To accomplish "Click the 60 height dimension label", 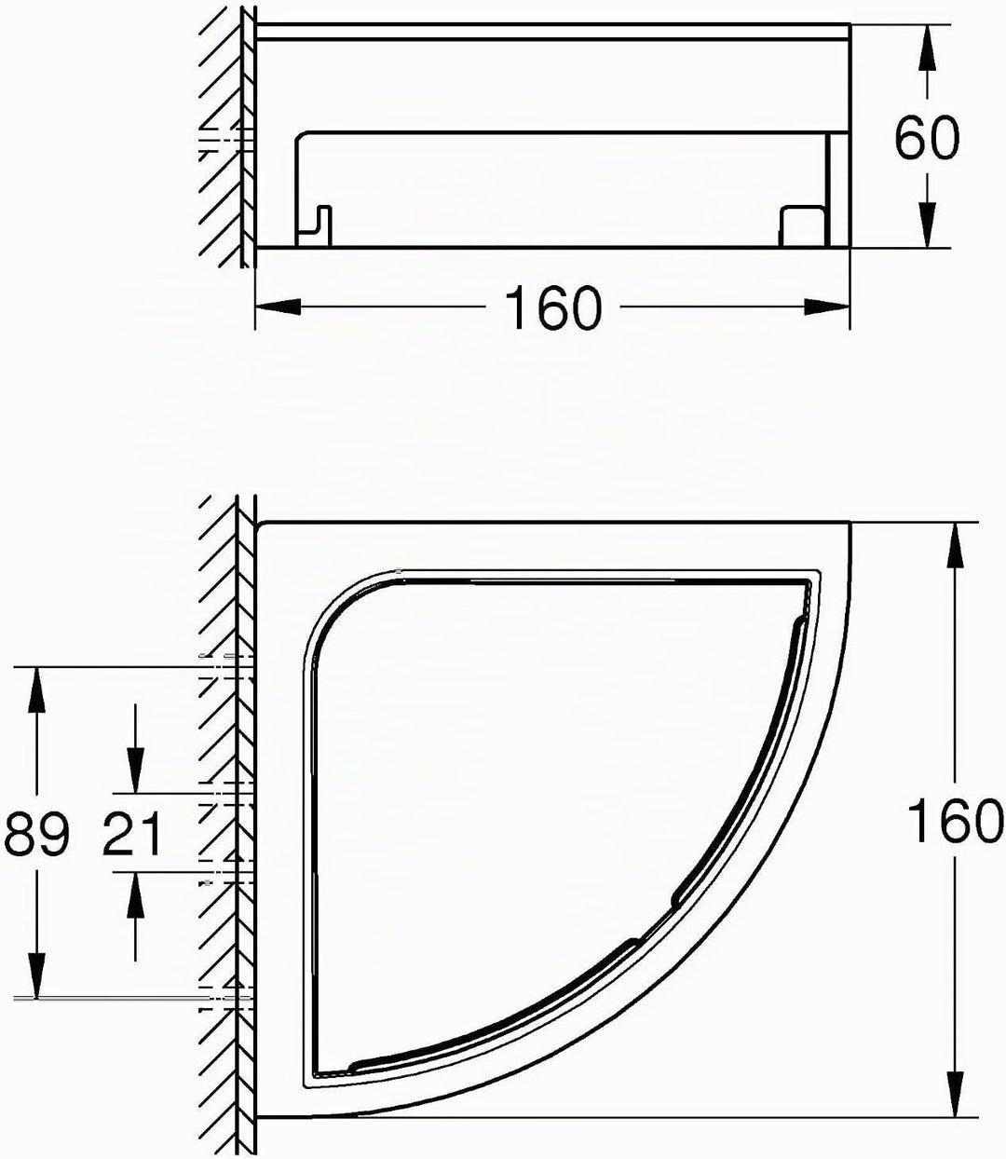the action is [927, 138].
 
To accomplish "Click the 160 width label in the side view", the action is [553, 307].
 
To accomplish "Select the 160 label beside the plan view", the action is [955, 822].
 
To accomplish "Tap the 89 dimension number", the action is [36, 833].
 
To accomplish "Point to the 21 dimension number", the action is [131, 833].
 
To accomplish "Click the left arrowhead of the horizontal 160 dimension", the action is [278, 307].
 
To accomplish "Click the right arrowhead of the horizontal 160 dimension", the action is [826, 307].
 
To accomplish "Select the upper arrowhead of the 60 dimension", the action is [926, 48].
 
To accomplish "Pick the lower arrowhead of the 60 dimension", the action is [926, 225].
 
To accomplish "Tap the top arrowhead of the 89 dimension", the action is [37, 690].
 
